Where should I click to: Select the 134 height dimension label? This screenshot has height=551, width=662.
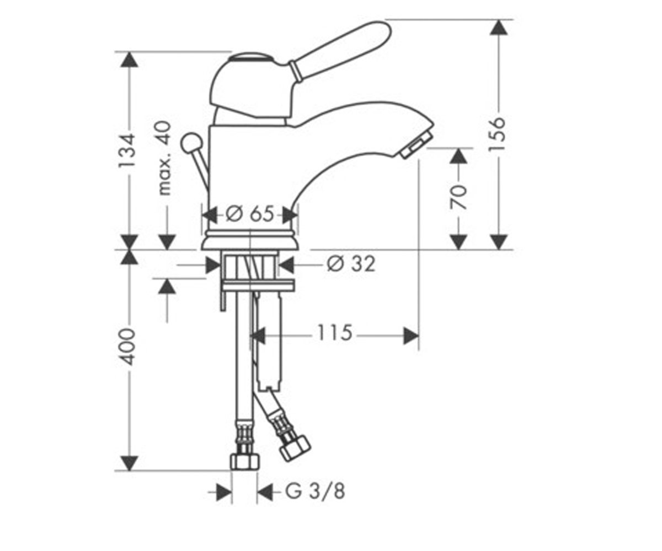click(127, 151)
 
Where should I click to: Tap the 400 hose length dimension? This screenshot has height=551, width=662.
click(129, 347)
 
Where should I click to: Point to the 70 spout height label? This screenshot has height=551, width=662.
click(458, 197)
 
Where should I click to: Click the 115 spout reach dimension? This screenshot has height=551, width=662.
click(335, 333)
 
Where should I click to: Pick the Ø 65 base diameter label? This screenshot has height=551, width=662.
click(249, 214)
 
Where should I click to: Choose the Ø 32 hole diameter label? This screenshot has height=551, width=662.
click(351, 264)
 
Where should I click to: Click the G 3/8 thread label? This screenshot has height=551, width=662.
click(315, 491)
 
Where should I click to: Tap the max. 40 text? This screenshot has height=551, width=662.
click(164, 158)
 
